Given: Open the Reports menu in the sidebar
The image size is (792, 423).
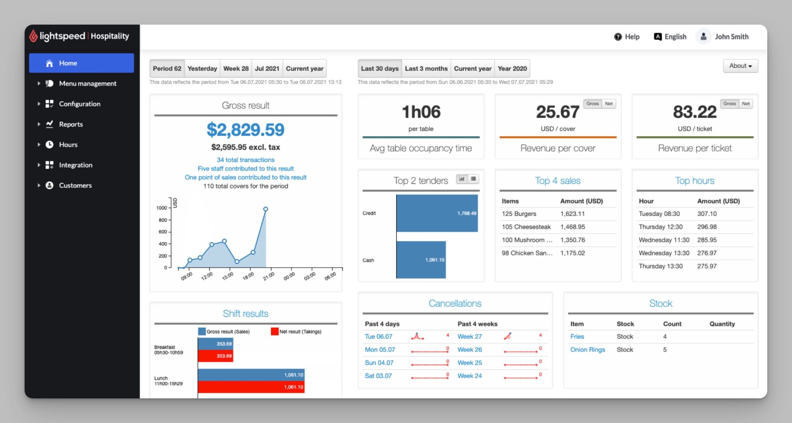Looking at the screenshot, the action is point(71,124).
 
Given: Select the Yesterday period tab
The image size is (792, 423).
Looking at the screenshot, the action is point(202,68).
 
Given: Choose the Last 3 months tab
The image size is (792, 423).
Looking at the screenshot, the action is point(426,68).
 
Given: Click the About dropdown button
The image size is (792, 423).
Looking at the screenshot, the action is point(740,66).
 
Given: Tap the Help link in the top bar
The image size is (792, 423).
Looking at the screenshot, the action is point(627,37).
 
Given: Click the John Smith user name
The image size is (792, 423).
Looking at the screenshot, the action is point(731,37).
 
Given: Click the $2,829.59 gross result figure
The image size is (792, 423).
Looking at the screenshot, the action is point(246,130).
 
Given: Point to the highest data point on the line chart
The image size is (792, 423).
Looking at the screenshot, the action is point(265,209).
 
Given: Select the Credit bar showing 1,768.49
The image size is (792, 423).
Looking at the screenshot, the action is point(437,213).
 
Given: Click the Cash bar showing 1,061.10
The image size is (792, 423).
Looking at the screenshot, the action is point(421,260).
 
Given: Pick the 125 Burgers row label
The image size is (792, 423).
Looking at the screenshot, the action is point(519,214).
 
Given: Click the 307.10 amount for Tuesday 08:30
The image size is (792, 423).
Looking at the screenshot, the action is point(707,214).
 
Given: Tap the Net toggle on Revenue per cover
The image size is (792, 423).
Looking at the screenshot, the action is point(609,104).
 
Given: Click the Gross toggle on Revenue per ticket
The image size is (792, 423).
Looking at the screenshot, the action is point(729,104).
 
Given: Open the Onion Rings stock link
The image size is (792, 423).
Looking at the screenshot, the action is point(587,350).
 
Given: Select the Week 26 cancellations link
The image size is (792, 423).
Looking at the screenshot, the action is point(469,350).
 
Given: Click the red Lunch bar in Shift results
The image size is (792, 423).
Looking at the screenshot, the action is point(251,387).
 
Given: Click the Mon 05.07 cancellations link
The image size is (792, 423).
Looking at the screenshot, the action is point(380,350).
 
